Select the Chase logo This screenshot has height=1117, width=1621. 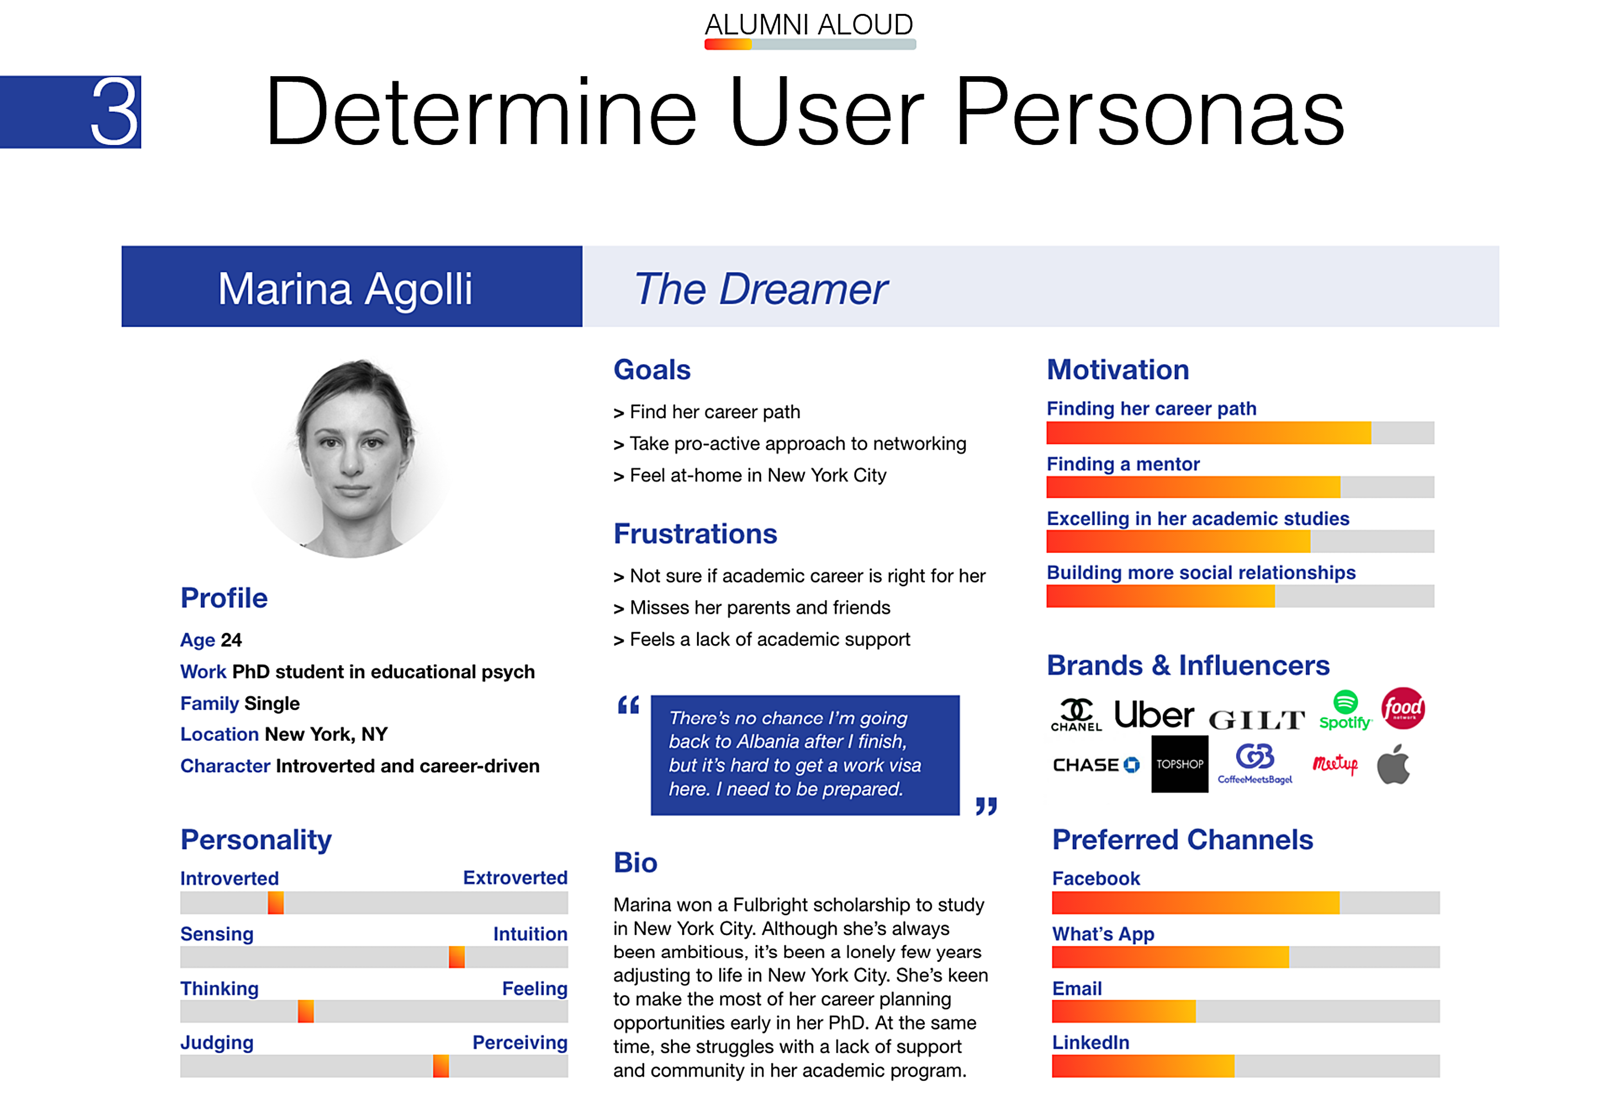[1096, 765]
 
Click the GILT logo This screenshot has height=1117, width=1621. [1257, 719]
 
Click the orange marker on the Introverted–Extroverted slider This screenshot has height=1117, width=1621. [276, 903]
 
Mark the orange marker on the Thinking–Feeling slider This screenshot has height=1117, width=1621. [306, 1012]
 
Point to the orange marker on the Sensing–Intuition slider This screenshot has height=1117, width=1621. [456, 957]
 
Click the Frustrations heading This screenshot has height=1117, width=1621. [695, 533]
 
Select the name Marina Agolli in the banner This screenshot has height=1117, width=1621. [345, 289]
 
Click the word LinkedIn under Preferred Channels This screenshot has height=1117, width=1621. [1090, 1042]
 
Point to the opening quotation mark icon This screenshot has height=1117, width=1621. [628, 705]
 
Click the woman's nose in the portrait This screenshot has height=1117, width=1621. [351, 461]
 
